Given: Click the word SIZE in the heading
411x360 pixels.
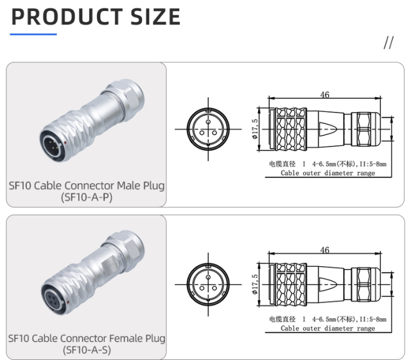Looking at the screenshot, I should click(155, 17).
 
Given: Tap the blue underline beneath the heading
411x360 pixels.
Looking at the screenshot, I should click(34, 34).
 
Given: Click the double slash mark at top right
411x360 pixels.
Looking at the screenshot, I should click(388, 43).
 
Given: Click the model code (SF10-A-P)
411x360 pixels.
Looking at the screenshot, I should click(86, 197).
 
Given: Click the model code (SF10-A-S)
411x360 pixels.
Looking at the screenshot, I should click(86, 350).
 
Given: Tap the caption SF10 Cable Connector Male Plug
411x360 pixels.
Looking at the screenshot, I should click(86, 186).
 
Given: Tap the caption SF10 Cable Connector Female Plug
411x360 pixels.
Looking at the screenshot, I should click(86, 338).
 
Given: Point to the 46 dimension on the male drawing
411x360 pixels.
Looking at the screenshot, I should click(324, 95).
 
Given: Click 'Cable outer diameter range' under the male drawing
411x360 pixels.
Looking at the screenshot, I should click(328, 173).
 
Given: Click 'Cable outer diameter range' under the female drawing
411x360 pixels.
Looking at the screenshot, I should click(328, 328).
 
